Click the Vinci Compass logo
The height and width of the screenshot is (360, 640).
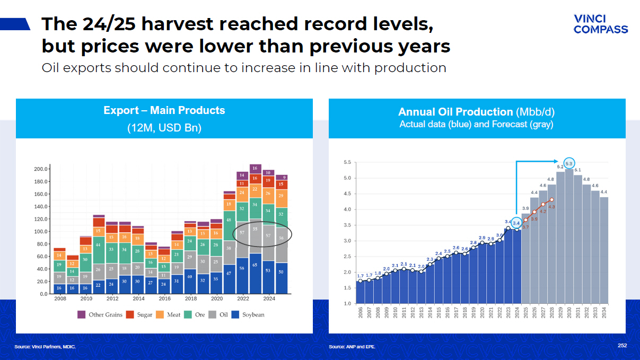pyautogui.click(x=600, y=24)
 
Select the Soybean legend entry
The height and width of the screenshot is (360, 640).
pyautogui.click(x=249, y=314)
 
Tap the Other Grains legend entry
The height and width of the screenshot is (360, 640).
pyautogui.click(x=100, y=314)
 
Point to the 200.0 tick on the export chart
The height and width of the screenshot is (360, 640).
pyautogui.click(x=41, y=169)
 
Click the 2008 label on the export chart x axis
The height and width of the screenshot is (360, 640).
pyautogui.click(x=60, y=298)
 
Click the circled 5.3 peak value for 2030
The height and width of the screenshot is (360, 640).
pyautogui.click(x=569, y=163)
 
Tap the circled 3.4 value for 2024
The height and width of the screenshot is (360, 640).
pyautogui.click(x=516, y=223)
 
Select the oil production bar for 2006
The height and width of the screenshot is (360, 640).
pyautogui.click(x=361, y=292)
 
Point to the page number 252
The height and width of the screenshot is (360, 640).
pyautogui.click(x=622, y=345)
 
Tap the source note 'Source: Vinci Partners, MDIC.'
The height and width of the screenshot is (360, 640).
pyautogui.click(x=45, y=347)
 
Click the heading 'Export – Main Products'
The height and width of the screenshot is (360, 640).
pyautogui.click(x=164, y=110)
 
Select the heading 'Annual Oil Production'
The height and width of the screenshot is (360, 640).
pyautogui.click(x=455, y=112)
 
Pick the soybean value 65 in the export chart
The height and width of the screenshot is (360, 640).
pyautogui.click(x=255, y=265)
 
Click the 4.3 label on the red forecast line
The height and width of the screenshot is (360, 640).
pyautogui.click(x=551, y=207)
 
